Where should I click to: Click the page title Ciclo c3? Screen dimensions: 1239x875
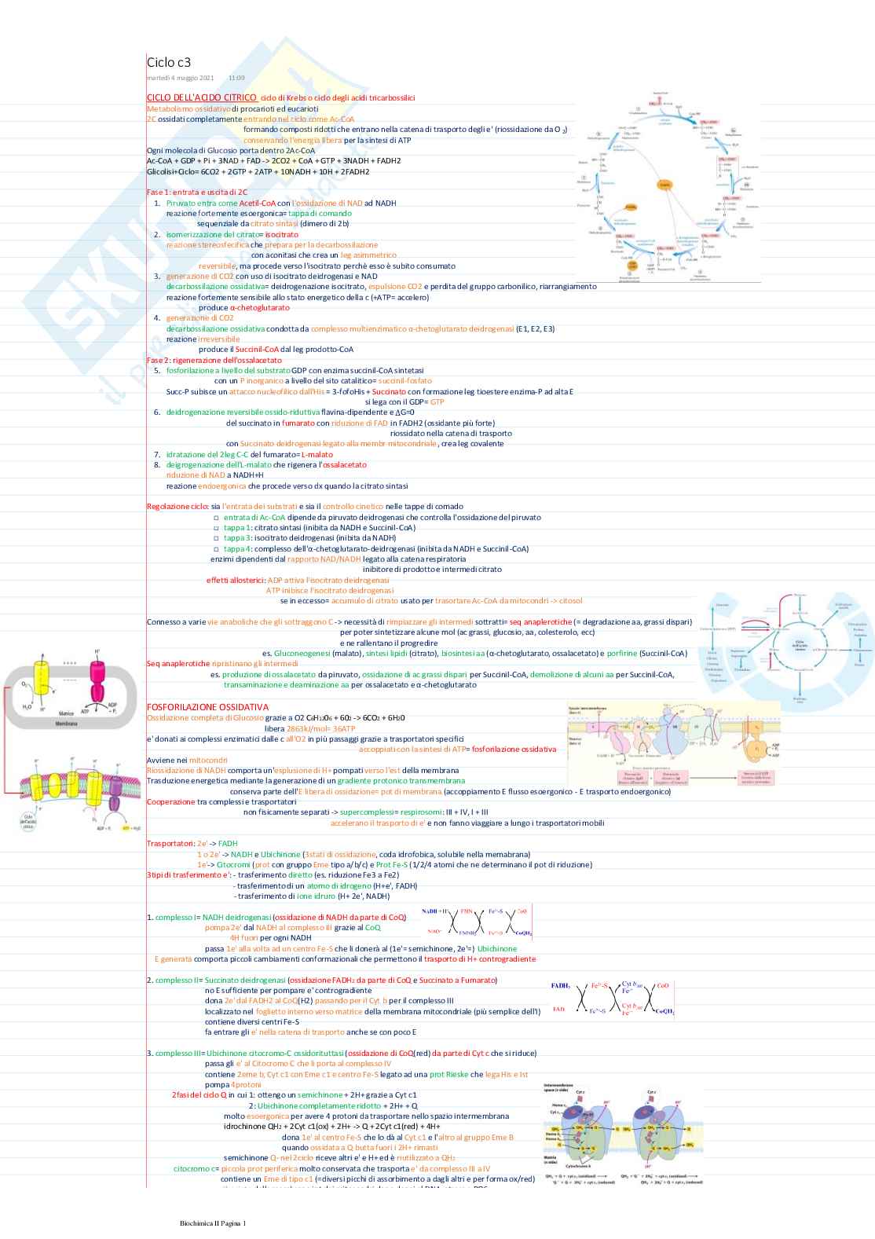[x=168, y=62]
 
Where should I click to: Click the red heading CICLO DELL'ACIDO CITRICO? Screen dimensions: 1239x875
[x=201, y=97]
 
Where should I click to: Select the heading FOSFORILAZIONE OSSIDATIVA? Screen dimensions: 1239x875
[x=207, y=707]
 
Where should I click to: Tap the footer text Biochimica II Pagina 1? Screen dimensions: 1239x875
[x=212, y=1223]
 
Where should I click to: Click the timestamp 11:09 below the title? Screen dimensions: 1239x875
[x=236, y=78]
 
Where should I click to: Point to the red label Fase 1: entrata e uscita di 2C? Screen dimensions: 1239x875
[x=196, y=192]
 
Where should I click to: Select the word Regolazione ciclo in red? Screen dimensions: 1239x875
[x=178, y=507]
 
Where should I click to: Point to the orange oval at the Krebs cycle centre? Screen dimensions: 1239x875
[x=664, y=185]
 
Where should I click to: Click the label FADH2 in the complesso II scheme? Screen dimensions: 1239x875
[x=561, y=985]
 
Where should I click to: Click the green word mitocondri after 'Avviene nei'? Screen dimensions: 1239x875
[x=208, y=760]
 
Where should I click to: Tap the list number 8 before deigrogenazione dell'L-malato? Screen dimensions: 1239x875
[x=157, y=465]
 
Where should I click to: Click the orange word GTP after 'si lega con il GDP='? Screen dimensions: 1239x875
[x=437, y=401]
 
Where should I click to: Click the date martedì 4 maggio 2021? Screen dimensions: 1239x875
[x=181, y=78]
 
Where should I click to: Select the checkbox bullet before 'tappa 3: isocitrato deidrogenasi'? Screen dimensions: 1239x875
[x=217, y=538]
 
